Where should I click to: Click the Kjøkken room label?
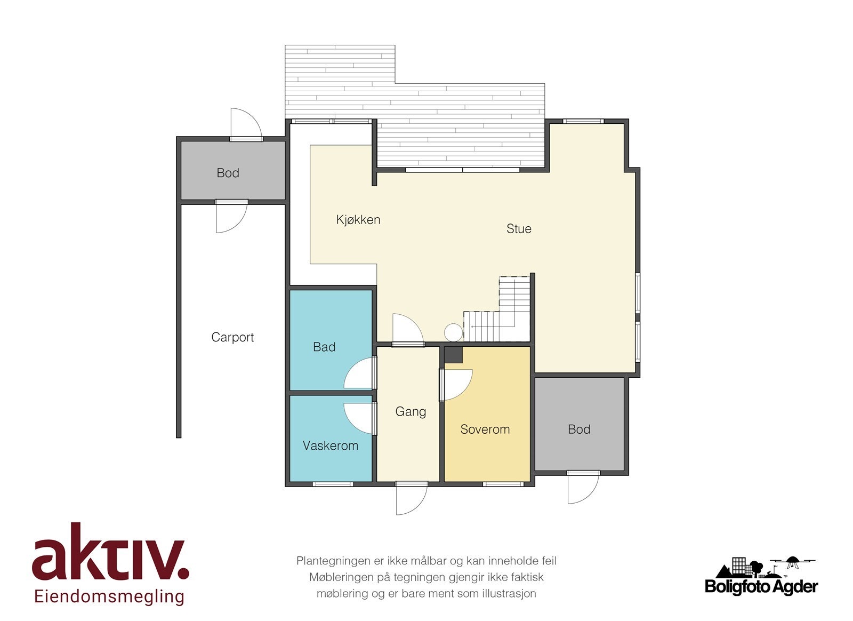coord(358,220)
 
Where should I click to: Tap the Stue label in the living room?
coord(519,228)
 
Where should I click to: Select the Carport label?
coord(232,337)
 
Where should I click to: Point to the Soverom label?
coord(485,429)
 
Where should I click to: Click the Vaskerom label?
coord(331,446)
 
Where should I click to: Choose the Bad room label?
coord(324,347)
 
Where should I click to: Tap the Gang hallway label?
coord(411,412)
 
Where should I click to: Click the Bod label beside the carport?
coord(228,173)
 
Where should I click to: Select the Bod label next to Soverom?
coord(579,429)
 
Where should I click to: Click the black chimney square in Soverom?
coord(454,355)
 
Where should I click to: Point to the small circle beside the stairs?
coord(453,332)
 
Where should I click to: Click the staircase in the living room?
coord(496,309)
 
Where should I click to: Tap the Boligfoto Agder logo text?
coord(761,586)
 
